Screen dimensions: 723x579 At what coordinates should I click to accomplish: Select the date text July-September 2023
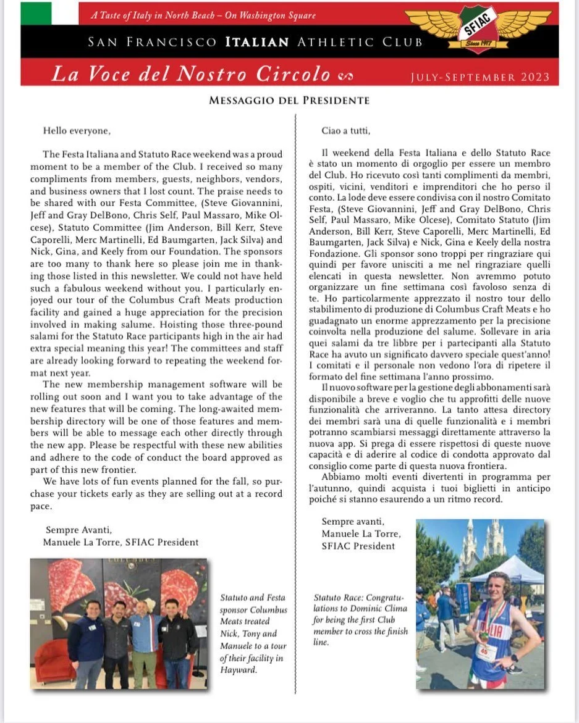point(480,77)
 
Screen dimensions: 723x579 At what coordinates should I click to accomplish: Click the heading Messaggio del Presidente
point(289,100)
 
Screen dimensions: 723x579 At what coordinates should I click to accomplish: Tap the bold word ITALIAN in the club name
point(256,42)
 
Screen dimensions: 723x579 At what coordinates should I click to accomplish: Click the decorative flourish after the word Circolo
point(345,76)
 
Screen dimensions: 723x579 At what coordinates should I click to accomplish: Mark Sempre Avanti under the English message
point(78,529)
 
